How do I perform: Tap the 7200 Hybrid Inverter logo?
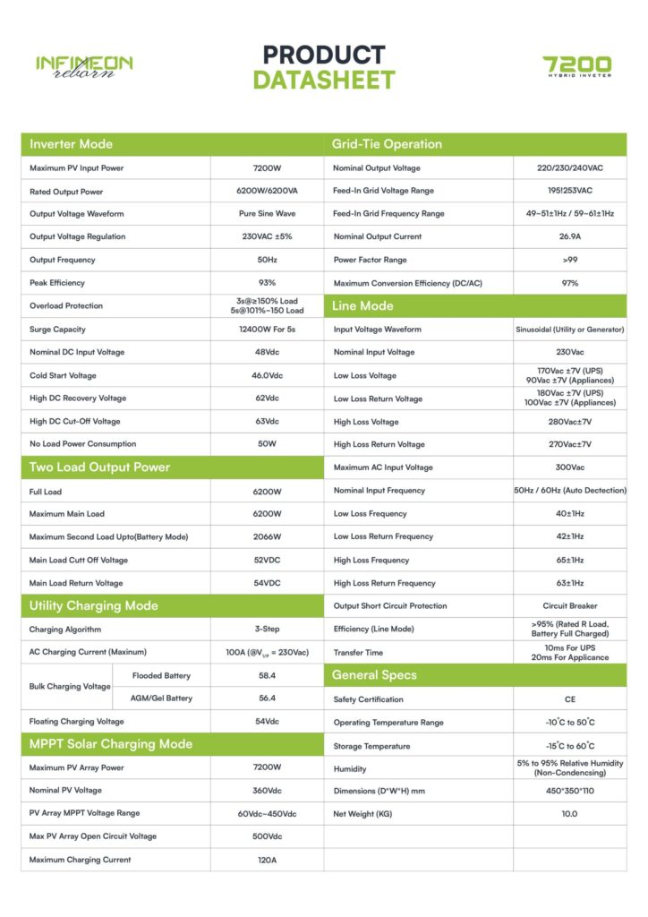577,67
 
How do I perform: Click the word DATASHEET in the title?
323,81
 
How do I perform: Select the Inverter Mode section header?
72,144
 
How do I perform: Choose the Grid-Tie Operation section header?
387,144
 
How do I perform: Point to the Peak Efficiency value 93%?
267,283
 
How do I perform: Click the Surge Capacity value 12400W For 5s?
267,330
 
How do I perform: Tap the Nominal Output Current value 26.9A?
570,236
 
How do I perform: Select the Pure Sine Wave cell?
267,214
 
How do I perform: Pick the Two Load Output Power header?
99,467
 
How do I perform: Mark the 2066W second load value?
267,536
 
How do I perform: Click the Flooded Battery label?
161,675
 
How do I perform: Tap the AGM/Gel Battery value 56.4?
267,698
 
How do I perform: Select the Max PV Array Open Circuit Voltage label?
93,836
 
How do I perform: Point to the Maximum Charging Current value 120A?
267,860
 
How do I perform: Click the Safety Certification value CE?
570,699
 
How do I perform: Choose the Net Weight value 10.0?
570,814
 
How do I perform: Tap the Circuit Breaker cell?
570,606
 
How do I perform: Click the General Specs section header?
374,675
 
